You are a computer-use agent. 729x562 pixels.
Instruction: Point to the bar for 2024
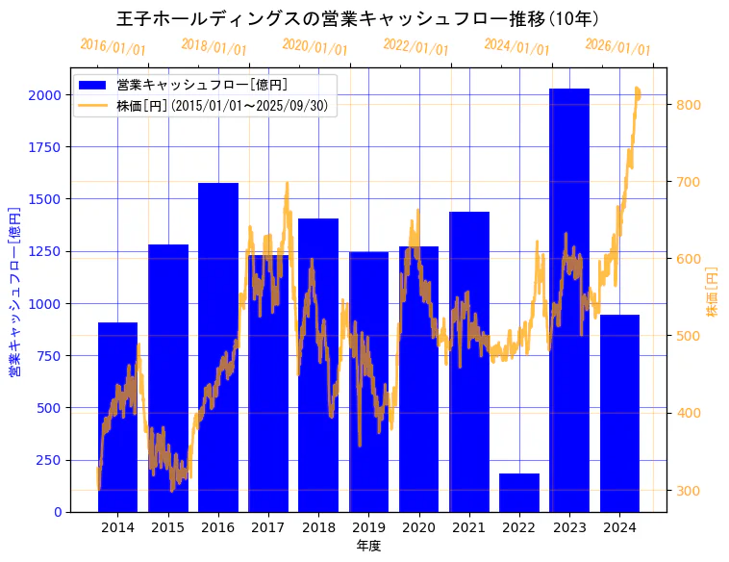(619, 413)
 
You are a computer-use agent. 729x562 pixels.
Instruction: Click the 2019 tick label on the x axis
(368, 527)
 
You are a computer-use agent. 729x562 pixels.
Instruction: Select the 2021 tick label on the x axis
(469, 527)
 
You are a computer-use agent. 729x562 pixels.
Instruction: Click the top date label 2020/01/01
(314, 47)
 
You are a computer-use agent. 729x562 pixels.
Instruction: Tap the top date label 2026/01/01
(617, 47)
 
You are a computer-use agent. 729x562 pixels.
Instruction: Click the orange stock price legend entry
(226, 105)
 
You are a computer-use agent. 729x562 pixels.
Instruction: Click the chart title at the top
(358, 19)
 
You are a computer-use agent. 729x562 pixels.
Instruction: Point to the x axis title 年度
(368, 546)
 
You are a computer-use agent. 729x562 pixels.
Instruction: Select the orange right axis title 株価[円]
(713, 291)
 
